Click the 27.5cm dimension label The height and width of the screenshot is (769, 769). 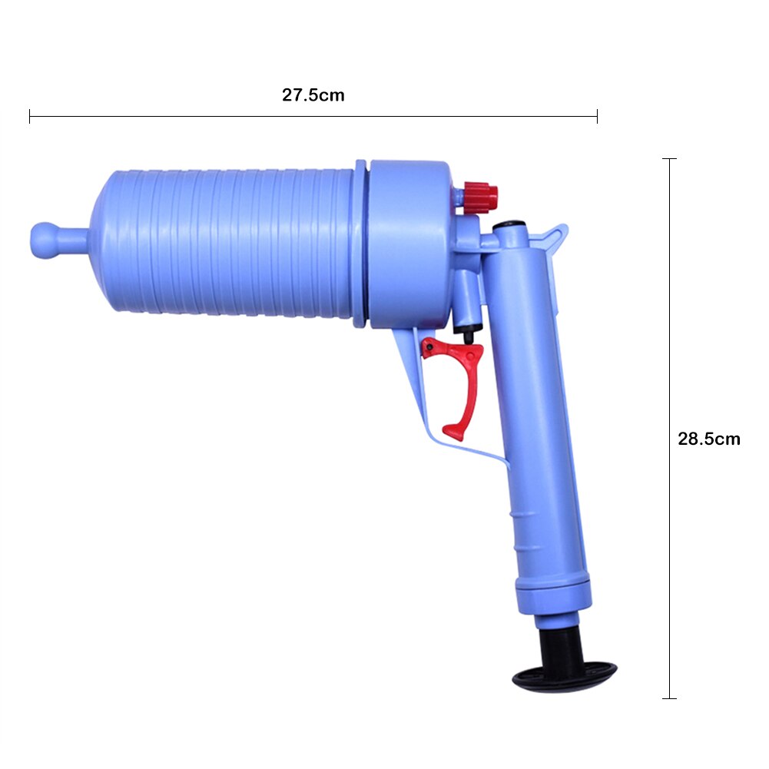pyautogui.click(x=313, y=96)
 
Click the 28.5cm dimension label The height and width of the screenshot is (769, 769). pyautogui.click(x=708, y=439)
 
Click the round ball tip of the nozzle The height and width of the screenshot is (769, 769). pyautogui.click(x=45, y=240)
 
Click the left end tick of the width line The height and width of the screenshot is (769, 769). pyautogui.click(x=30, y=117)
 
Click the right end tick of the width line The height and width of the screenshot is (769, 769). pyautogui.click(x=597, y=117)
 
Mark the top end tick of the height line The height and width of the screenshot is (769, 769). pyautogui.click(x=670, y=159)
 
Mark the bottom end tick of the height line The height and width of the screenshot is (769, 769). pyautogui.click(x=670, y=698)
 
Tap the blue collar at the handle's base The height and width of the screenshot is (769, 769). pyautogui.click(x=553, y=595)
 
